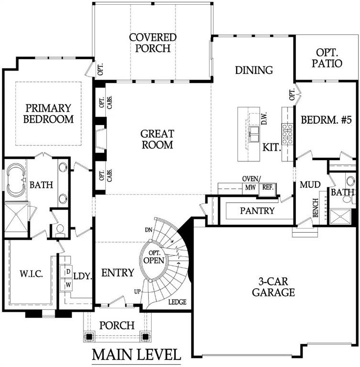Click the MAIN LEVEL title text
tap(136, 355)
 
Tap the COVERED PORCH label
tap(153, 43)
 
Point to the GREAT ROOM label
tap(157, 139)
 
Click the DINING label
tap(254, 70)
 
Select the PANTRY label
tap(257, 210)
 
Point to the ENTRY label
tap(118, 273)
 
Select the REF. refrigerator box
tap(267, 188)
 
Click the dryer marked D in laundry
tap(68, 272)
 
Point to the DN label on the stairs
tap(149, 230)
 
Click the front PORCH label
tap(117, 325)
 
